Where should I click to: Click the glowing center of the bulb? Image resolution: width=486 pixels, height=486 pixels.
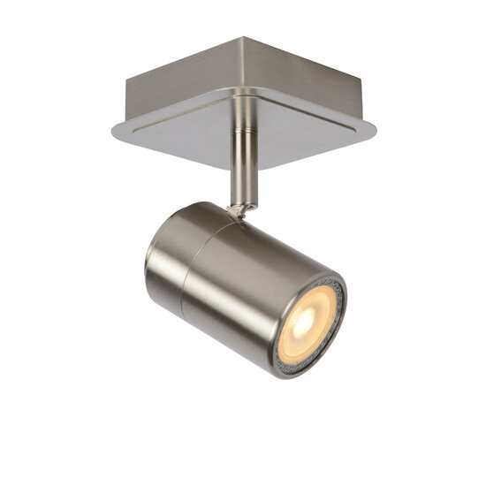point(303,324)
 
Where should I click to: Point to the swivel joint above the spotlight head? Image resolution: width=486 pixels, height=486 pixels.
point(239,209)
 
